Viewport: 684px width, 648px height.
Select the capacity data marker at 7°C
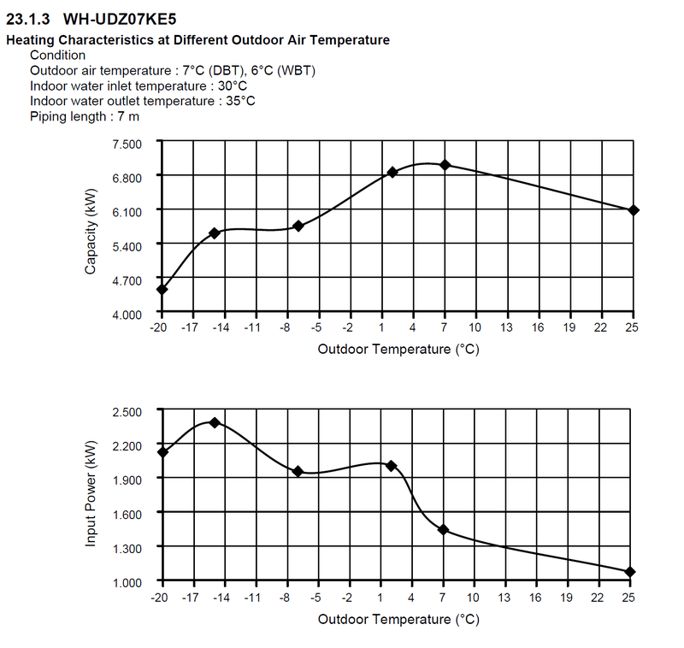coord(445,165)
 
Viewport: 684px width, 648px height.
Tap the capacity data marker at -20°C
coord(162,289)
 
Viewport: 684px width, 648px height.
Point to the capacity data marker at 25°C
coord(634,210)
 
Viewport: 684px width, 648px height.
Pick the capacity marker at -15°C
coord(215,233)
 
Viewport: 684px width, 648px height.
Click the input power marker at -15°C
coord(215,422)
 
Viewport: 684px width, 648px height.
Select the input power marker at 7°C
coord(444,530)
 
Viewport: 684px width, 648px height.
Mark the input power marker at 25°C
coord(630,572)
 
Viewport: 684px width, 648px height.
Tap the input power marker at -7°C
coord(298,471)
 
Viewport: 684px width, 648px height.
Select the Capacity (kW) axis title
coord(91,229)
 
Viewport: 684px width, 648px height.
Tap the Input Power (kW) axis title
coord(91,496)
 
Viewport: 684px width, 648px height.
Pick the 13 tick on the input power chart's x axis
coord(506,597)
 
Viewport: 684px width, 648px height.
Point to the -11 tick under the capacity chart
coord(252,328)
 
